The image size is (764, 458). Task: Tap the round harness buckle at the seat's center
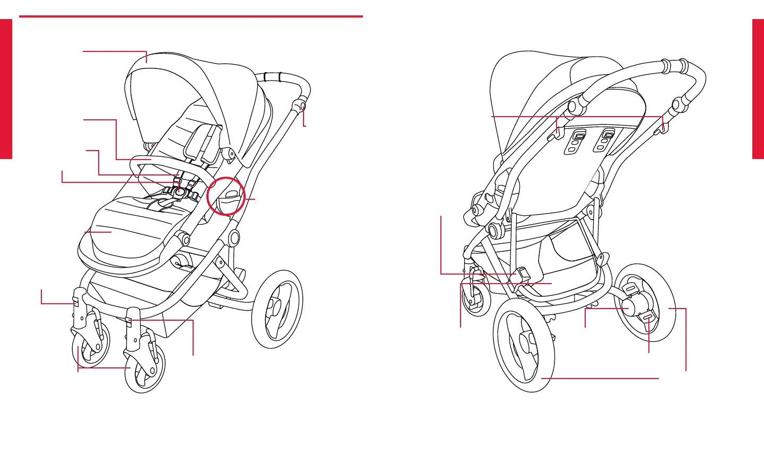click(x=181, y=193)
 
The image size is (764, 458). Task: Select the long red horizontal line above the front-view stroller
click(x=191, y=16)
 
